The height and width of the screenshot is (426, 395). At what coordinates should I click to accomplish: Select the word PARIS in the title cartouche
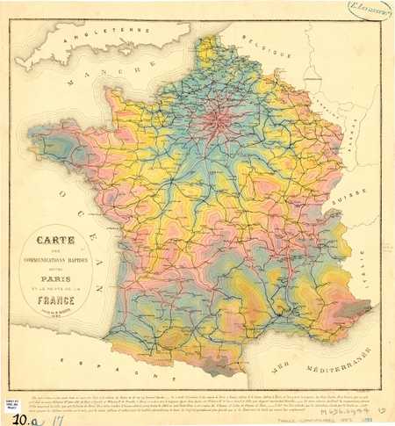55,270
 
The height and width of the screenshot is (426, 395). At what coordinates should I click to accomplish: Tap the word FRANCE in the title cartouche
55,295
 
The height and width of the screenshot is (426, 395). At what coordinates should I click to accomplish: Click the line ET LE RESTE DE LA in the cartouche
55,282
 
